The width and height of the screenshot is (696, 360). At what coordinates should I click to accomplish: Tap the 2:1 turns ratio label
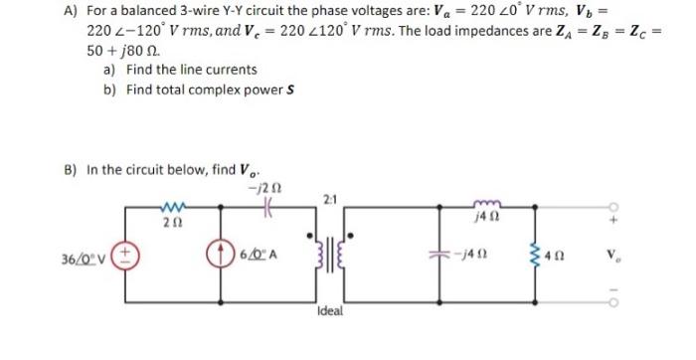pos(332,196)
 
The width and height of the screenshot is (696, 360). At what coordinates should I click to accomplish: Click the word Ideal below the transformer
pos(332,309)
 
